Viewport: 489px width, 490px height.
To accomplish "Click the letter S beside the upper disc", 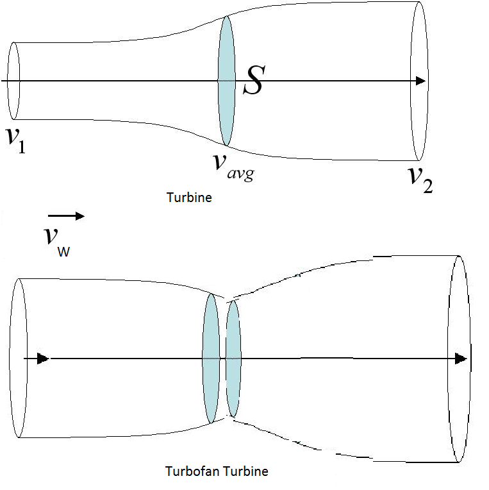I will pyautogui.click(x=253, y=82).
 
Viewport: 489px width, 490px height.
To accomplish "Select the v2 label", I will pyautogui.click(x=420, y=178).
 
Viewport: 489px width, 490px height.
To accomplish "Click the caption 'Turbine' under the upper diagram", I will pyautogui.click(x=189, y=198).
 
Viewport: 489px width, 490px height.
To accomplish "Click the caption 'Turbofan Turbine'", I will pyautogui.click(x=217, y=471).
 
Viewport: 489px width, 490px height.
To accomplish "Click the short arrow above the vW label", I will pyautogui.click(x=67, y=217).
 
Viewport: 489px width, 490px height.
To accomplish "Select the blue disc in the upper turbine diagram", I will pyautogui.click(x=226, y=81).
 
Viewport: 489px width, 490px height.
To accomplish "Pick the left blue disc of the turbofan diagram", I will pyautogui.click(x=211, y=359).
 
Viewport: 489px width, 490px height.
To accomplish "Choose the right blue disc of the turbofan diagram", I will pyautogui.click(x=233, y=359).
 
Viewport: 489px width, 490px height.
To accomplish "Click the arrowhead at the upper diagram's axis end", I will pyautogui.click(x=420, y=81).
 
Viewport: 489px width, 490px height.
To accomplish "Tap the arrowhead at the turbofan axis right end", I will pyautogui.click(x=461, y=359).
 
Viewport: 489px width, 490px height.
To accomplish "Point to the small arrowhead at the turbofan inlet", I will pyautogui.click(x=43, y=359).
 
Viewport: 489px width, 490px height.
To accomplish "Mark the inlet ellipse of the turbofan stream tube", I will pyautogui.click(x=18, y=359).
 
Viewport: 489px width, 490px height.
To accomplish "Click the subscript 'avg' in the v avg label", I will pyautogui.click(x=241, y=171).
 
